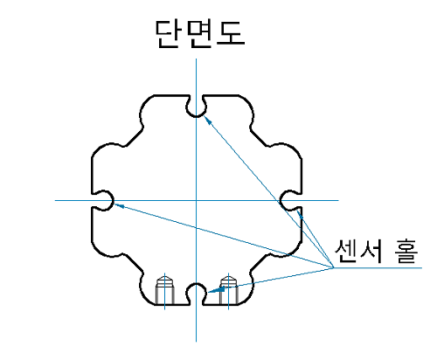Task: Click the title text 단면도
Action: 199,34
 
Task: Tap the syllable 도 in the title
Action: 231,33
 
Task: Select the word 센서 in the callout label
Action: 358,251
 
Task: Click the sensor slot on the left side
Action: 102,200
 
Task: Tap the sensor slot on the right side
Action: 290,200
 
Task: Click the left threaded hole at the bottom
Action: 165,291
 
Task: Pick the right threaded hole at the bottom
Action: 229,291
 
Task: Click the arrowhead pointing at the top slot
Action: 207,120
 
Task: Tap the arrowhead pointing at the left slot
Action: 119,205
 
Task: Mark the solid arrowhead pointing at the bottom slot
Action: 217,290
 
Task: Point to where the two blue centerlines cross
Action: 196,200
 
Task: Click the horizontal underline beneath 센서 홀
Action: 378,267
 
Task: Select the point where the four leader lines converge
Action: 333,267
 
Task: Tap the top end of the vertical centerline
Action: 196,59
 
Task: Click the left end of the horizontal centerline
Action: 55,200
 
